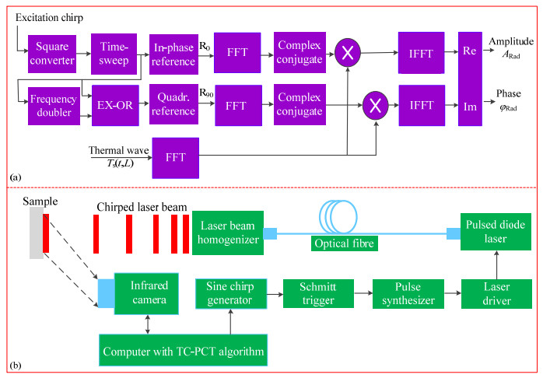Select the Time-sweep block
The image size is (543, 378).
click(114, 53)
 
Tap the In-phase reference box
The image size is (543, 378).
click(174, 53)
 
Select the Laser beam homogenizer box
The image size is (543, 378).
click(228, 232)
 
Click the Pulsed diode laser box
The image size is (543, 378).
click(491, 233)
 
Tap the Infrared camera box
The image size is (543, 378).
click(147, 292)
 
